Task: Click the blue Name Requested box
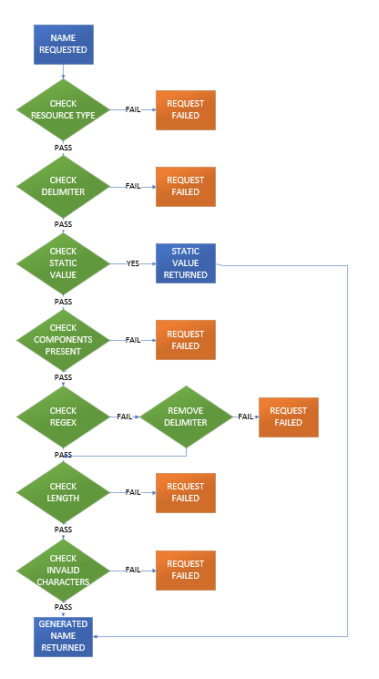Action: [x=63, y=44]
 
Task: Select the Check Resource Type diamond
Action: [x=63, y=109]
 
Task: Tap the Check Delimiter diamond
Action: [x=63, y=186]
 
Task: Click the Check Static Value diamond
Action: [x=63, y=262]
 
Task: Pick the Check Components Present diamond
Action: [x=63, y=339]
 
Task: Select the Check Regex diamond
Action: [x=63, y=416]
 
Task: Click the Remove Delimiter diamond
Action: [x=186, y=416]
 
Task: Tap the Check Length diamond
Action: [x=63, y=492]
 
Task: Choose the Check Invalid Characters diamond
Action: [x=63, y=570]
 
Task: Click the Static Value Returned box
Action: [x=186, y=262]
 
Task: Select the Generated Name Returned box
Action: [x=63, y=635]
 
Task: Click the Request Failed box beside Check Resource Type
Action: [x=186, y=109]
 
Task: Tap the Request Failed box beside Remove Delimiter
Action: [x=288, y=416]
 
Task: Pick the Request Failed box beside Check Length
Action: [x=186, y=492]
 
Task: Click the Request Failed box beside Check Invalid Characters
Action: [x=186, y=570]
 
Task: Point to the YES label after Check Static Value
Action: [x=133, y=262]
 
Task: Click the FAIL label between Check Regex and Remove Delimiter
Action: [x=124, y=417]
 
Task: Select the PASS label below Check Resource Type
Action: [x=63, y=148]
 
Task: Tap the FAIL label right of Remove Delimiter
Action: [x=246, y=417]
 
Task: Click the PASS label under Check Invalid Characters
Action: [x=63, y=606]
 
